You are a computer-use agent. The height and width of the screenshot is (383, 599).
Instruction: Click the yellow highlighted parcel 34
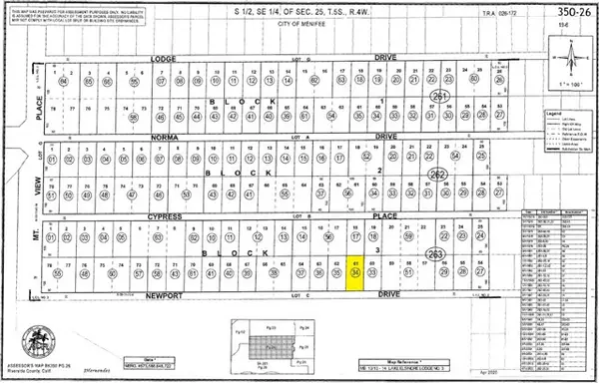click(x=355, y=271)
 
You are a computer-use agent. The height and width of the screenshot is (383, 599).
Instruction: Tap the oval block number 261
click(x=439, y=96)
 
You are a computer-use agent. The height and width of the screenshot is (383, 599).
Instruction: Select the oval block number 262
click(x=437, y=175)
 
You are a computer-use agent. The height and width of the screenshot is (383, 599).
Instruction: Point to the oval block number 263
click(x=435, y=254)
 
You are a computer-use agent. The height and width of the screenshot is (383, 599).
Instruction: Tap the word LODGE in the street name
click(x=162, y=59)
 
